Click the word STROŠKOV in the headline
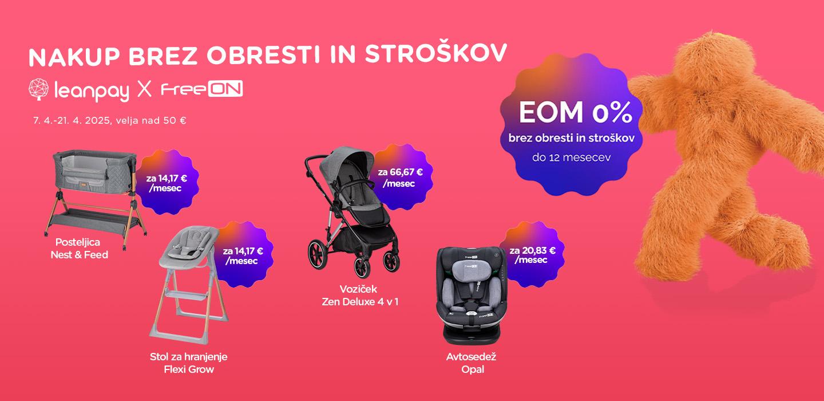tap(435, 53)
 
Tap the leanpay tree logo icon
tap(39, 89)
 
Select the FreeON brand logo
tap(202, 89)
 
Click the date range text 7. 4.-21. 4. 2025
tap(72, 120)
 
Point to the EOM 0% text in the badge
tap(576, 112)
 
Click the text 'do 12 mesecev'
tap(571, 158)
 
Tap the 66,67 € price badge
tap(401, 177)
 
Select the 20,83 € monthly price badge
tap(532, 254)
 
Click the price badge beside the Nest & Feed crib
tap(167, 182)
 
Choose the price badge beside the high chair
tap(243, 254)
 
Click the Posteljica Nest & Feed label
tap(79, 249)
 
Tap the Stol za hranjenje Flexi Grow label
tap(189, 363)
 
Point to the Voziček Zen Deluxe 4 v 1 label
tap(360, 296)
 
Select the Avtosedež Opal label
tap(472, 363)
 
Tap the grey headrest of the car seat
tap(471, 270)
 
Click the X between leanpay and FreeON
tap(144, 89)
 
